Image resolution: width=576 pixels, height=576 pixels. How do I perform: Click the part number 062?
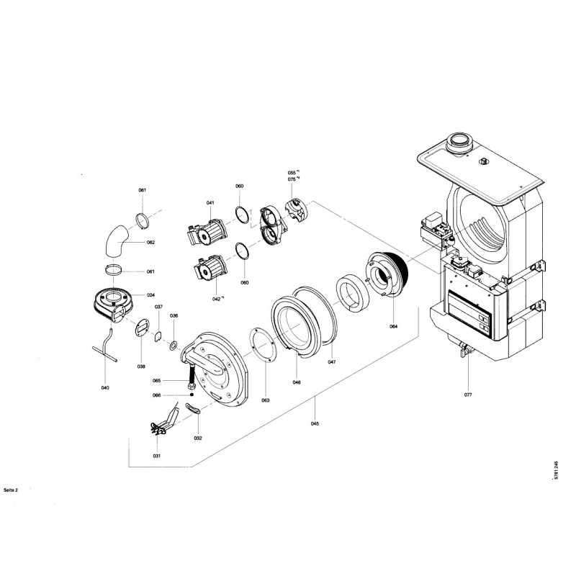151,243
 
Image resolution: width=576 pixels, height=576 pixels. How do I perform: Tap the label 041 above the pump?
210,204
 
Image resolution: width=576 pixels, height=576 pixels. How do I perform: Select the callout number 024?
151,295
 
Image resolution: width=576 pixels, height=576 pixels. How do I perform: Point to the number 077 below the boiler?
467,395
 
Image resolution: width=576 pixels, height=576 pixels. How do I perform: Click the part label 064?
394,326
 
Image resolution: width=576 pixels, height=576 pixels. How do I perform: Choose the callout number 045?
315,423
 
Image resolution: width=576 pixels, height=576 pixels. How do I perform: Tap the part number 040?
105,388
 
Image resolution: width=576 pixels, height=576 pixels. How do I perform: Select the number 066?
156,395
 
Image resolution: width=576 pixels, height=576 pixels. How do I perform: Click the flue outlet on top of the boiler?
458,142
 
